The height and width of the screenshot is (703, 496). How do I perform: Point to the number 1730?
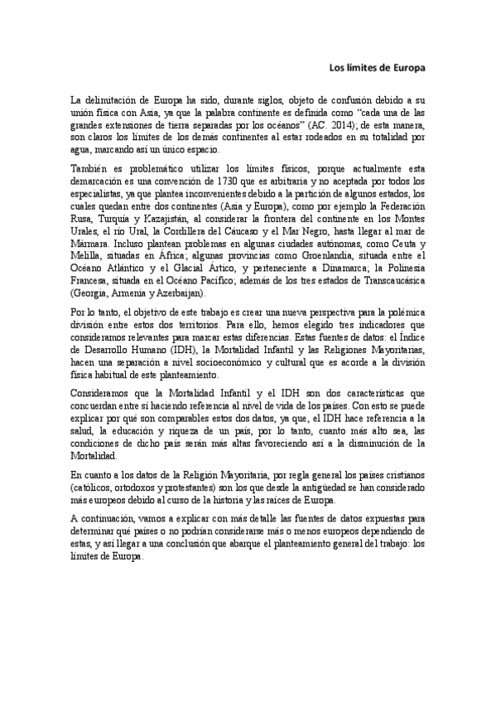point(208,182)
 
